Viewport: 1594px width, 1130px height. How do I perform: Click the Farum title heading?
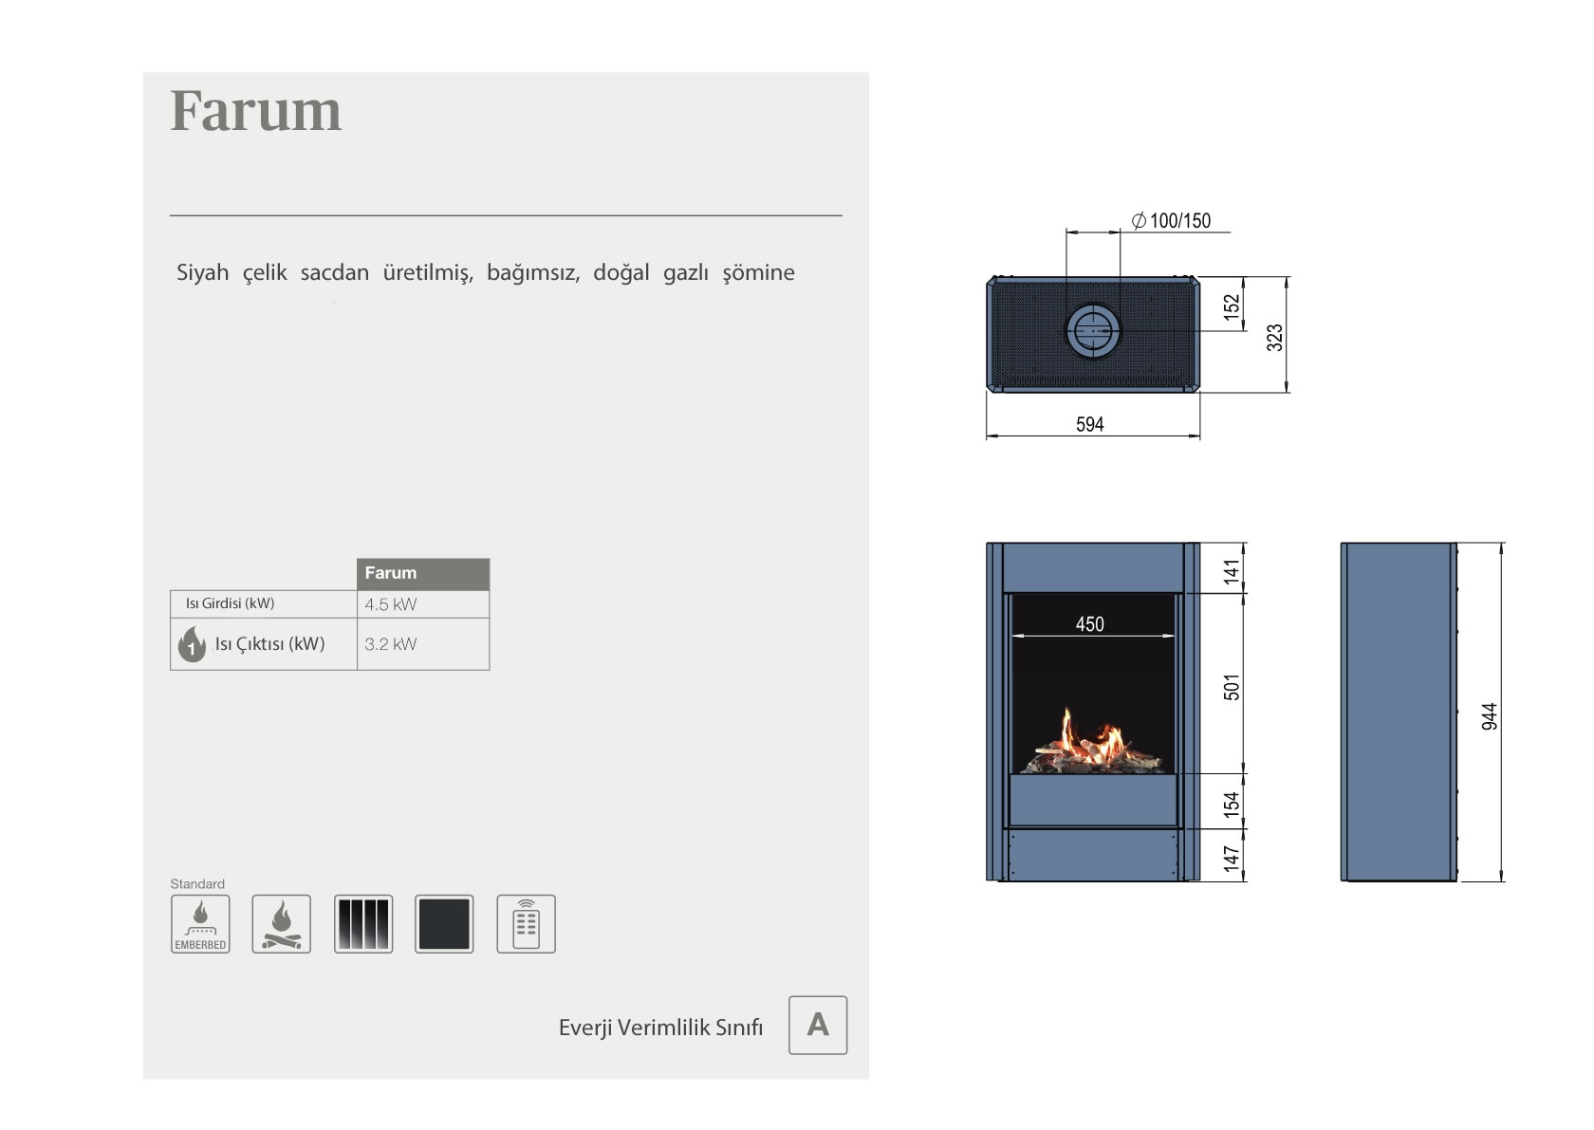pyautogui.click(x=255, y=111)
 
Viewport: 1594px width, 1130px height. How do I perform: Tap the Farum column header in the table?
pyautogui.click(x=423, y=573)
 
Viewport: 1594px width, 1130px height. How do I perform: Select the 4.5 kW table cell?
pyautogui.click(x=423, y=604)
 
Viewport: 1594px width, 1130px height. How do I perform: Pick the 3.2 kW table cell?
pyautogui.click(x=423, y=644)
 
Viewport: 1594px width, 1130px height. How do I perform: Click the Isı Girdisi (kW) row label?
pyautogui.click(x=230, y=603)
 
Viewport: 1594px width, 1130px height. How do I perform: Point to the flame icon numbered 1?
pyautogui.click(x=192, y=644)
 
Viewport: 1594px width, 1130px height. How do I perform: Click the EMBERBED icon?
pyautogui.click(x=200, y=924)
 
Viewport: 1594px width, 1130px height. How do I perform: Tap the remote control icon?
pyautogui.click(x=526, y=924)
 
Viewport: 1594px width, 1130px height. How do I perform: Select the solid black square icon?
pyautogui.click(x=444, y=924)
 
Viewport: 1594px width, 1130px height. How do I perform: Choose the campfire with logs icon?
pyautogui.click(x=281, y=924)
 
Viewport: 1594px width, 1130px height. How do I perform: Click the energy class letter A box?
pyautogui.click(x=818, y=1025)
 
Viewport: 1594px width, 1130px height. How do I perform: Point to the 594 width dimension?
pyautogui.click(x=1089, y=425)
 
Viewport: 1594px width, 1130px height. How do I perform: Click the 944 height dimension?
pyautogui.click(x=1489, y=716)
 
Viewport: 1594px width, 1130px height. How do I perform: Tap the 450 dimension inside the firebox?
pyautogui.click(x=1089, y=624)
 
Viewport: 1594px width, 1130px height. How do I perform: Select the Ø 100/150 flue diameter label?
pyautogui.click(x=1171, y=220)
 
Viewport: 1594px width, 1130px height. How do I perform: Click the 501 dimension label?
pyautogui.click(x=1232, y=687)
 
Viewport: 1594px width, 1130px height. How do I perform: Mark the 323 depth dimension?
pyautogui.click(x=1274, y=338)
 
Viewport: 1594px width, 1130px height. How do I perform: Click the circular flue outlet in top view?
pyautogui.click(x=1092, y=331)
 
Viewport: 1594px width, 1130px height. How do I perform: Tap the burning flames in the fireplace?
pyautogui.click(x=1089, y=740)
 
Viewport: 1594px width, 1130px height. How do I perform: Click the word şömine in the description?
pyautogui.click(x=759, y=272)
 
